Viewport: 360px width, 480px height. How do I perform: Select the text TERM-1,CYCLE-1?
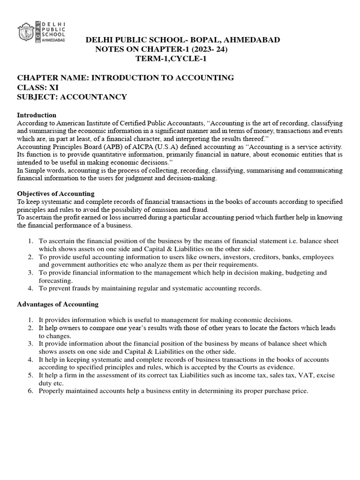point(171,59)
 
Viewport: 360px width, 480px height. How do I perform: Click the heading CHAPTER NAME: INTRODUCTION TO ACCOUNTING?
point(126,77)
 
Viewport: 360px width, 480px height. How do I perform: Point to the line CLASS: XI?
point(36,87)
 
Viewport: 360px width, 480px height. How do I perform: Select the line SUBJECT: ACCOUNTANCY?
point(72,97)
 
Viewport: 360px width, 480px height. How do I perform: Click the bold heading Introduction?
point(37,115)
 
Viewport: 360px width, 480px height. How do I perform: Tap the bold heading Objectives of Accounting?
point(56,194)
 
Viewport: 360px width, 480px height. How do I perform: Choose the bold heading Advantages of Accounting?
point(58,304)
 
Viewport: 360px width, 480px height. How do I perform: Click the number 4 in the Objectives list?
point(30,288)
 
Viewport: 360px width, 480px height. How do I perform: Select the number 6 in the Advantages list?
point(30,391)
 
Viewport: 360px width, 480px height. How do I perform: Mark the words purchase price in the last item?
point(287,391)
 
